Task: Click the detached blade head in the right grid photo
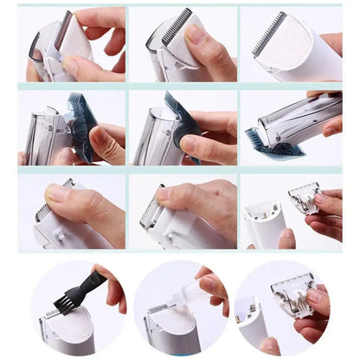(304, 197)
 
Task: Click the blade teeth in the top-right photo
(270, 29)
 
